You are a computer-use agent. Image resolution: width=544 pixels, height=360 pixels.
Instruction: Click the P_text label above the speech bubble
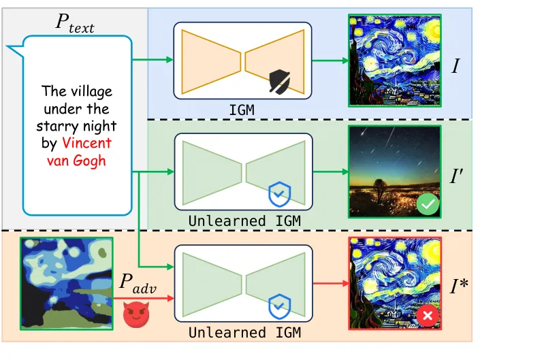coord(75,26)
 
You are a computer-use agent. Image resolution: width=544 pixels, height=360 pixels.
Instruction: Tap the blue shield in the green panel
coord(279,195)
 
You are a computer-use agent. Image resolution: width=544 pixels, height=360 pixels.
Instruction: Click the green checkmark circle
coord(428,203)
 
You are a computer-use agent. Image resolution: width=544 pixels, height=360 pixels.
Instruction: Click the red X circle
coord(428,316)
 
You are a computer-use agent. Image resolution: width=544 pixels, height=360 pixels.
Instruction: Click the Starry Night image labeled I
coord(394,61)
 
